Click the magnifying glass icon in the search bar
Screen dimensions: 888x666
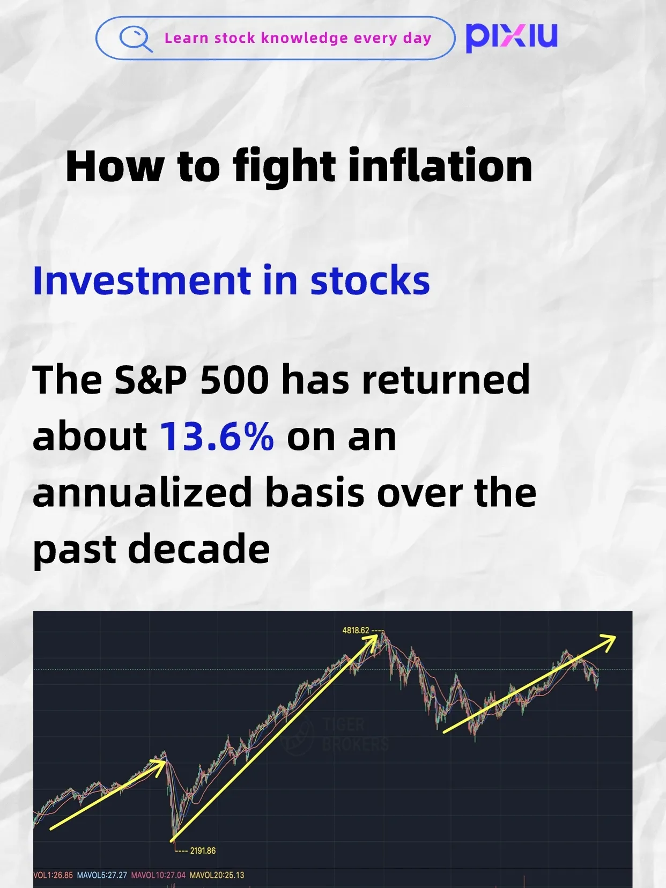[135, 39]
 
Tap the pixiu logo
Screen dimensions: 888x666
[511, 37]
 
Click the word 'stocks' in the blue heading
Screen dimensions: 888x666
[370, 280]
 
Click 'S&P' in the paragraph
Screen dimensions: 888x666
[151, 380]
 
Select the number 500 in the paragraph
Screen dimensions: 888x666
[234, 380]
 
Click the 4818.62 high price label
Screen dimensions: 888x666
[356, 630]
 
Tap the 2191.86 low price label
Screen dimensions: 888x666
[203, 850]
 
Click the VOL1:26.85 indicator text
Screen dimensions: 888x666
[53, 875]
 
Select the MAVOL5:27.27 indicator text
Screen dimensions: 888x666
[102, 875]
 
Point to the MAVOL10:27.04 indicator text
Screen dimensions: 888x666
[158, 875]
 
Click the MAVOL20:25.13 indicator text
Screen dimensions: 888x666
[217, 875]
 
